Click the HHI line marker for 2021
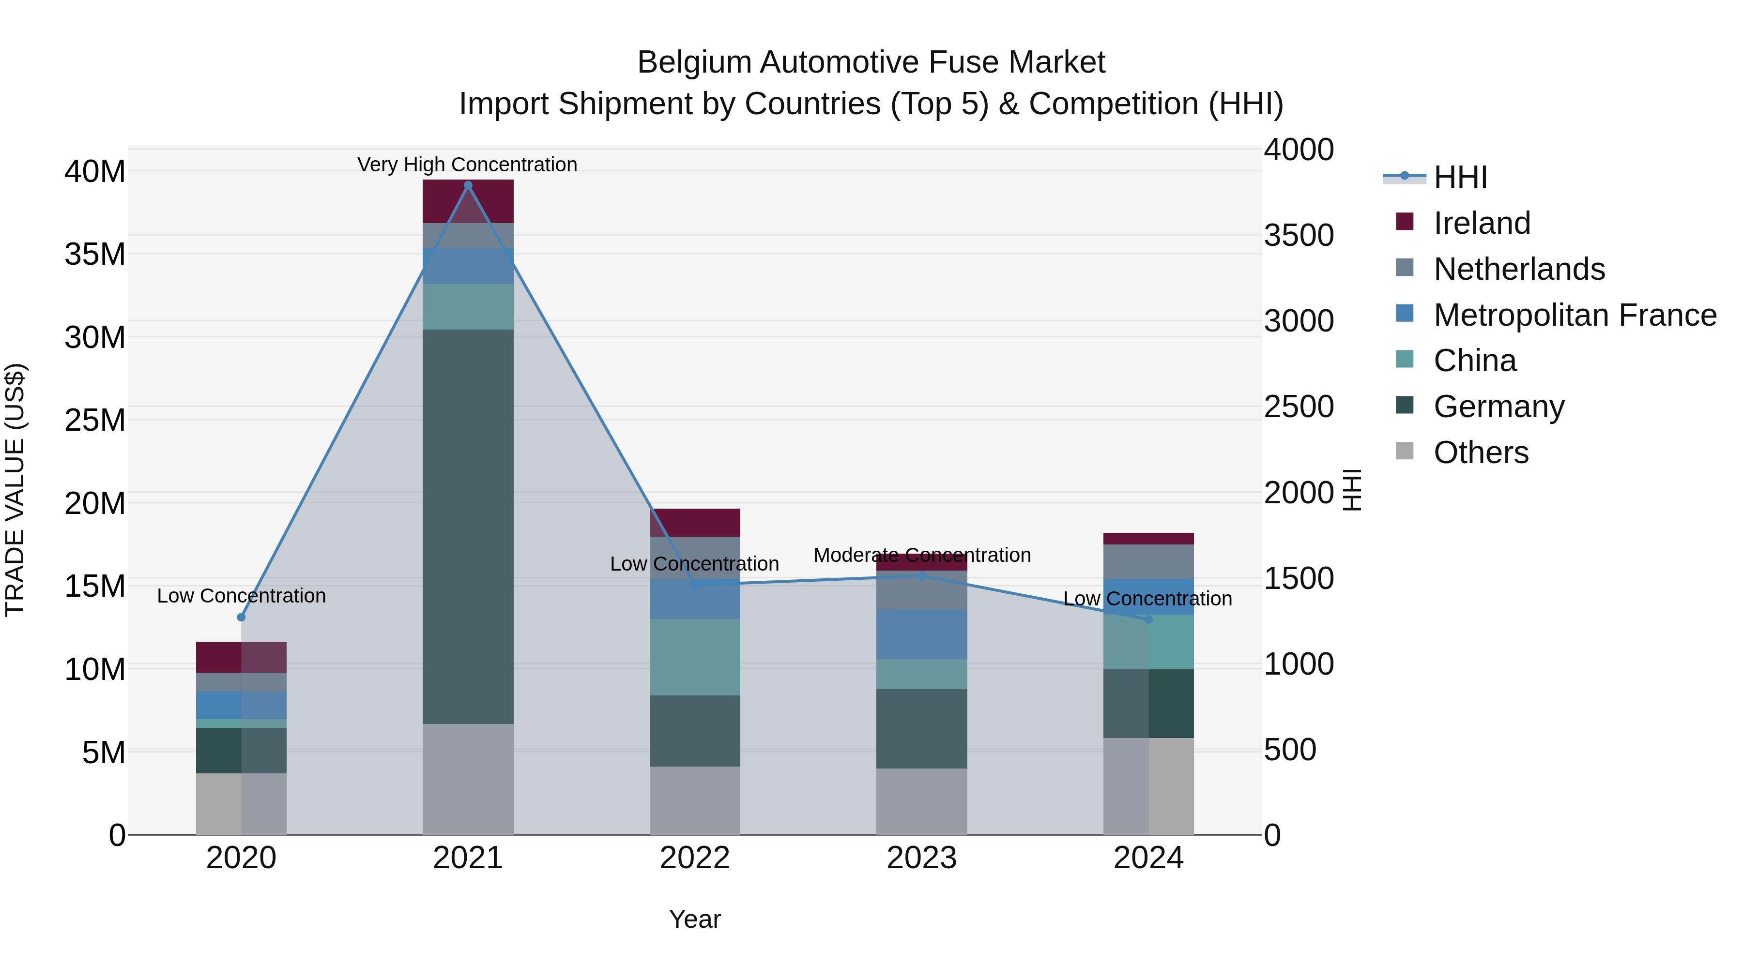pos(468,185)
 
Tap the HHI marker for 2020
pos(241,617)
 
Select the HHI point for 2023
pos(921,575)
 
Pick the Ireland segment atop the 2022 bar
pos(694,522)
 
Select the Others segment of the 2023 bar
pos(921,801)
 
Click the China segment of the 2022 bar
pos(694,657)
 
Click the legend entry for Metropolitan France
pos(1575,315)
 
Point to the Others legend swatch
pos(1404,451)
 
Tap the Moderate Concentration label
pos(921,555)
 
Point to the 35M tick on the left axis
pos(95,254)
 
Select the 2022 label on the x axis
pos(694,858)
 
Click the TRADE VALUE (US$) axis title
pos(15,490)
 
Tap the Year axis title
pos(694,919)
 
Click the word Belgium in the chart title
pos(694,62)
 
